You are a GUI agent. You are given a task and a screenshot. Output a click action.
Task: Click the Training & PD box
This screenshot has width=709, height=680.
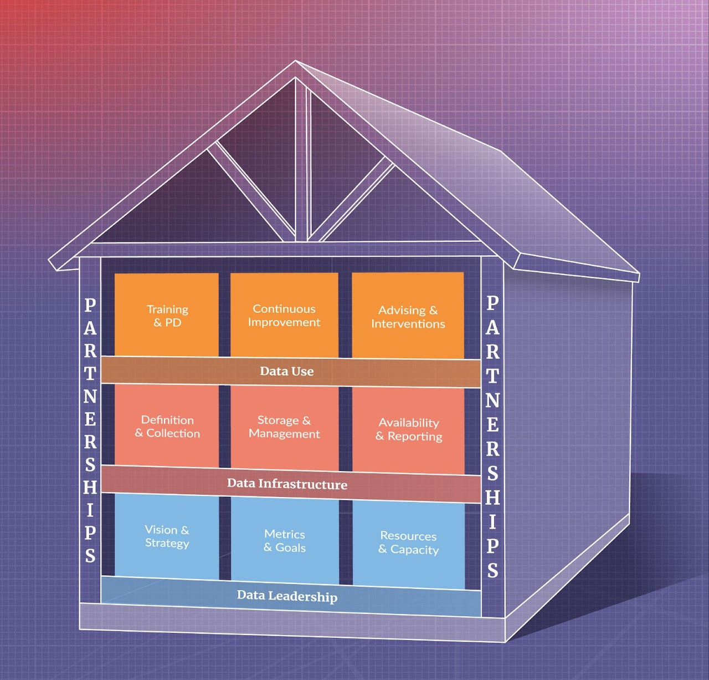tap(167, 315)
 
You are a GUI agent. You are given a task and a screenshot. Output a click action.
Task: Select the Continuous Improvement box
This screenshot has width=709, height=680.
tap(284, 315)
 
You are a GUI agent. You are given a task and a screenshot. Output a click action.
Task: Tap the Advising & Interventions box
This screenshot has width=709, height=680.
tap(408, 316)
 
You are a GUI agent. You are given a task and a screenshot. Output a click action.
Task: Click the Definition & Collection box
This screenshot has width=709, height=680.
tap(167, 426)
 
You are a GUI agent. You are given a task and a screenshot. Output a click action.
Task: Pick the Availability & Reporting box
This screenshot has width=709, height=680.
tap(409, 430)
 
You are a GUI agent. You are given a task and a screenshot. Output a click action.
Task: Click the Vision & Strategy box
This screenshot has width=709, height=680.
tap(167, 536)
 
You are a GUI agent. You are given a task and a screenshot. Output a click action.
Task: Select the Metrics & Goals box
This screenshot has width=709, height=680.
tap(285, 541)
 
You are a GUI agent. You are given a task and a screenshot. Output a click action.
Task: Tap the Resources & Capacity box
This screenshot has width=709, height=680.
tap(409, 543)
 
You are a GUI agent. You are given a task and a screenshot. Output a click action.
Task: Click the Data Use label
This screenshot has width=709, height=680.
tap(287, 372)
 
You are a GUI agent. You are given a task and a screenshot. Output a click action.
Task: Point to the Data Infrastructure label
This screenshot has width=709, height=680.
tap(287, 484)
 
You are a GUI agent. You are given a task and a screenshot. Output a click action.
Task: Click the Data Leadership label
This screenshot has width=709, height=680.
tap(287, 596)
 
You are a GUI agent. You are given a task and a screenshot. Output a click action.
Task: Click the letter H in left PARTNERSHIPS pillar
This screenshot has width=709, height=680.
tap(90, 488)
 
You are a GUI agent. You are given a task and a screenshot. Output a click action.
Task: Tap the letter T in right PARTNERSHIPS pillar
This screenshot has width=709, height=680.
tap(492, 376)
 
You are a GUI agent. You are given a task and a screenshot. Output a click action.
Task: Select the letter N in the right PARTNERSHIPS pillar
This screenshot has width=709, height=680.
tap(492, 400)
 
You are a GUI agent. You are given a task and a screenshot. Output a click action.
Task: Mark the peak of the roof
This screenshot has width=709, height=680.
tap(296, 62)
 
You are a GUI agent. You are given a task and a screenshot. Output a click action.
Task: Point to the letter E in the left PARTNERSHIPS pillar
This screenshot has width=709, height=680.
tap(90, 419)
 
